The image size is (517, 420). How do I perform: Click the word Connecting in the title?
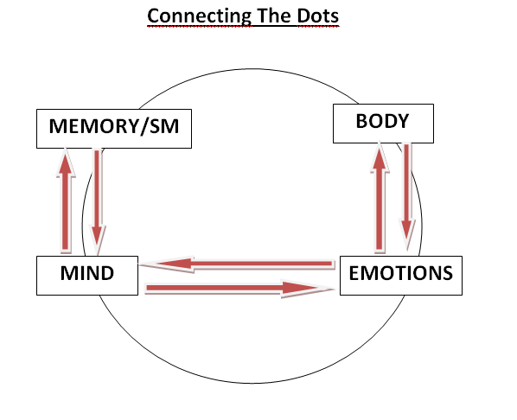pos(199,16)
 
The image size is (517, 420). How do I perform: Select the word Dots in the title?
pos(318,16)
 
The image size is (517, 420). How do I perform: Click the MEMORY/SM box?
pos(114,129)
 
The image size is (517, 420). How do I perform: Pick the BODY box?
pos(383,124)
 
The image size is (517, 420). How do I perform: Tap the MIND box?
pos(87,276)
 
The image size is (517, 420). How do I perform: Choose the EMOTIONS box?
pos(401,276)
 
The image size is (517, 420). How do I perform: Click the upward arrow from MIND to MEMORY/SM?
pos(66,200)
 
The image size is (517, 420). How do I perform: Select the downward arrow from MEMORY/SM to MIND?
pos(97,201)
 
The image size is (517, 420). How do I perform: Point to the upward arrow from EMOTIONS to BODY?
pos(380,198)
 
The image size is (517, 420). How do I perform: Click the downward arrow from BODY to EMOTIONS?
pos(407,197)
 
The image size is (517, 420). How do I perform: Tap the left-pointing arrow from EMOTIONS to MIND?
pos(238,264)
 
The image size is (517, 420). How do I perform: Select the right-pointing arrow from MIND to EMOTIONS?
pos(239,289)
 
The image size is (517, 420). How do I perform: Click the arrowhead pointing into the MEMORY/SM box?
pos(66,162)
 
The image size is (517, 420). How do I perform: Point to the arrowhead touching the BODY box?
pos(380,157)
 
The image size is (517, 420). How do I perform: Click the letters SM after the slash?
pos(164,126)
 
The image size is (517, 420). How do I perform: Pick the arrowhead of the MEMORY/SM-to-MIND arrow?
pos(97,240)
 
